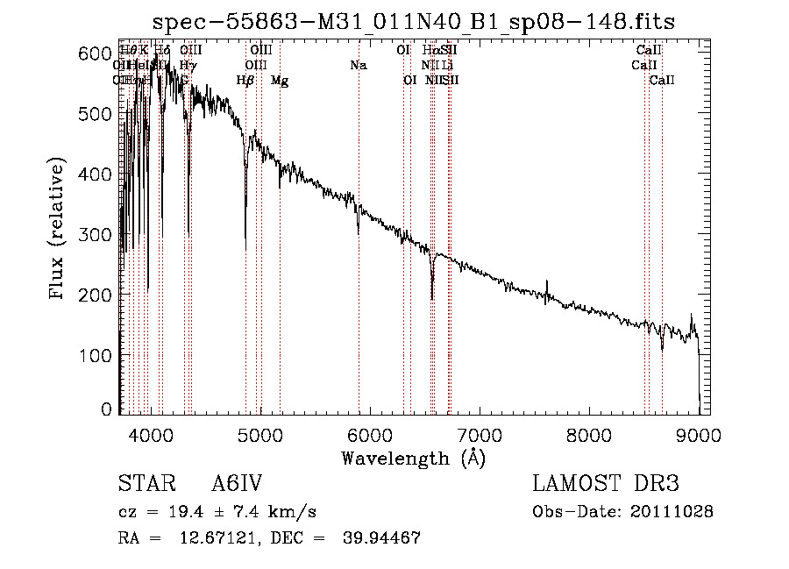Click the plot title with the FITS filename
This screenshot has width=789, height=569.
point(413,22)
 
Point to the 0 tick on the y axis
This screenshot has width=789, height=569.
point(107,409)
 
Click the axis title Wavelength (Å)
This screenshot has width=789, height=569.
point(413,458)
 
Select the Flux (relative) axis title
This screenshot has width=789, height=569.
point(59,231)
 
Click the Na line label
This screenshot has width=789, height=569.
point(358,65)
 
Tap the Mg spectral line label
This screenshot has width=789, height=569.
point(280,81)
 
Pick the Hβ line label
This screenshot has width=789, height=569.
point(245,81)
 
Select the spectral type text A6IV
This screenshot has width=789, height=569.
point(238,484)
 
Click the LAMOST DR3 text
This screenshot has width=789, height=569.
point(605,484)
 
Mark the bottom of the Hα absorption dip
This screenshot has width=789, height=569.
point(432,298)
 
